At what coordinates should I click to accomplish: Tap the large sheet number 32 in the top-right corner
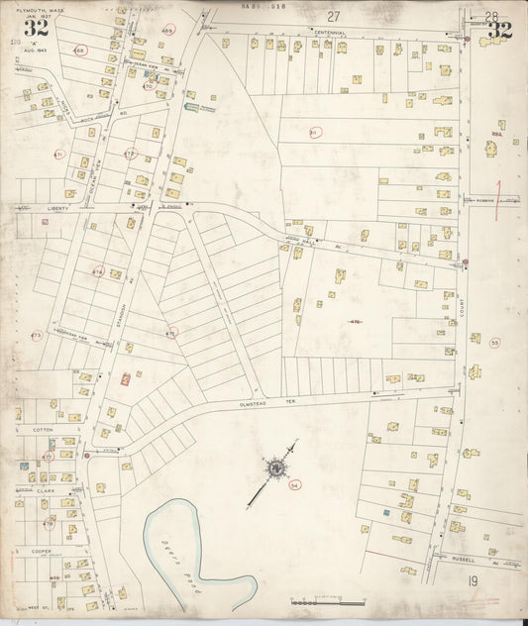coord(499,30)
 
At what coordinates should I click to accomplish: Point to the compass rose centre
coord(275,467)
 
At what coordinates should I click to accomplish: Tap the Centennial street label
coord(330,33)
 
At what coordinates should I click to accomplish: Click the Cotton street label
coord(43,429)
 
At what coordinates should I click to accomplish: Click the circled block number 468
coord(80,50)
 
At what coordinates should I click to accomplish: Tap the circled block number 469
coord(167,32)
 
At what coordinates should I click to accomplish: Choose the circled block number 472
coord(130,154)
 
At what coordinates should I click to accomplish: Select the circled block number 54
coord(294,485)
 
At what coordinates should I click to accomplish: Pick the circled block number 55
coord(493,342)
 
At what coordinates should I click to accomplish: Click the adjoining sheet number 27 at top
coord(334,16)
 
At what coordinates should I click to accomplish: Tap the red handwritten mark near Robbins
coord(500,191)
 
